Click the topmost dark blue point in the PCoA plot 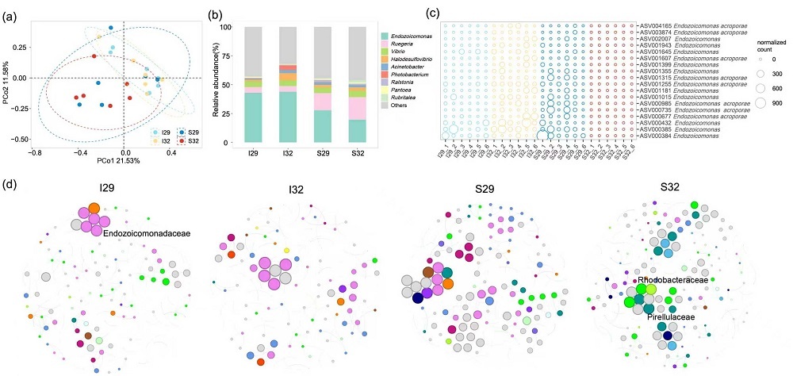point(110,29)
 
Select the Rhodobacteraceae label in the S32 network point(672,280)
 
